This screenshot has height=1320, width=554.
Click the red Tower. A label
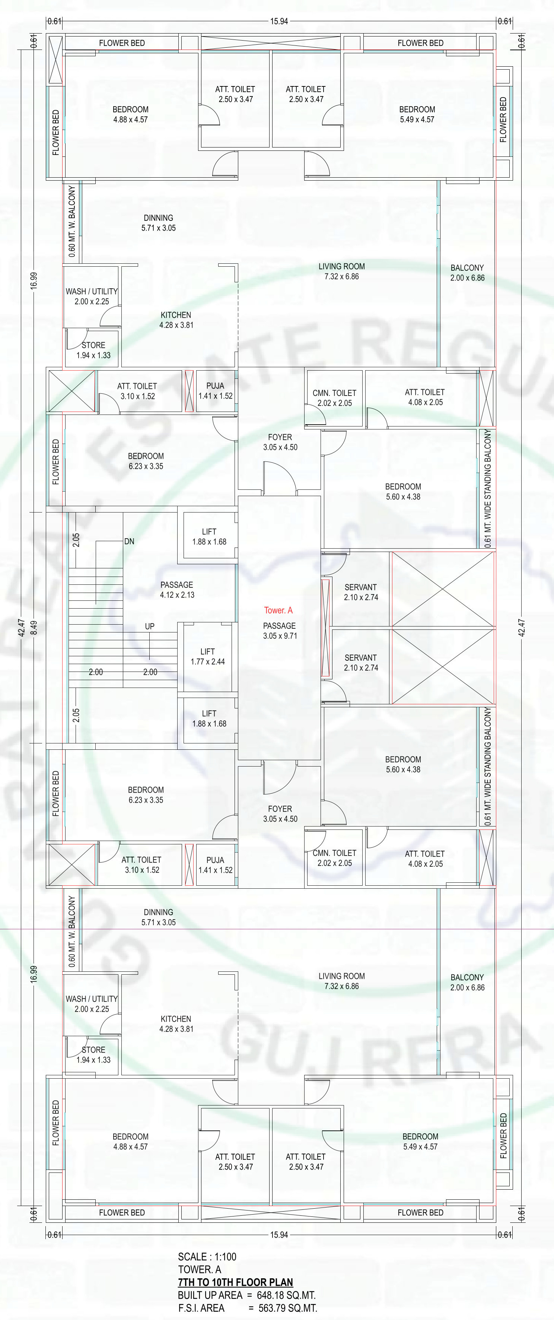click(278, 610)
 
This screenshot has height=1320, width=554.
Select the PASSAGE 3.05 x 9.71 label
click(280, 631)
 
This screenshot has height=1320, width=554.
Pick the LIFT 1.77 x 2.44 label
click(207, 656)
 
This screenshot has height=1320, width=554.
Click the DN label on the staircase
click(129, 541)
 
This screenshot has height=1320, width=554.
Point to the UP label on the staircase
click(150, 626)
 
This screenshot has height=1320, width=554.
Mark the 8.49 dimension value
click(34, 628)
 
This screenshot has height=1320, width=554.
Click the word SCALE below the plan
click(192, 1256)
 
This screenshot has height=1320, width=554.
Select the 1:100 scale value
click(225, 1256)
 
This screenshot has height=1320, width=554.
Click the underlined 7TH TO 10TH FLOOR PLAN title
click(236, 1282)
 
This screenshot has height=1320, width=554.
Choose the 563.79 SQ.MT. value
click(288, 1308)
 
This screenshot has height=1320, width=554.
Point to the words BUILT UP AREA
click(210, 1295)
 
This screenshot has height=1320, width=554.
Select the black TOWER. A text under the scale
click(200, 1269)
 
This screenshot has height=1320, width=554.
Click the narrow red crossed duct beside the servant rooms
click(325, 628)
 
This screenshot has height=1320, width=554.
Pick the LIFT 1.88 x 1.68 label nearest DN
click(209, 536)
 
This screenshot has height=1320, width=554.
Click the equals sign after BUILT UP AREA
click(249, 1295)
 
